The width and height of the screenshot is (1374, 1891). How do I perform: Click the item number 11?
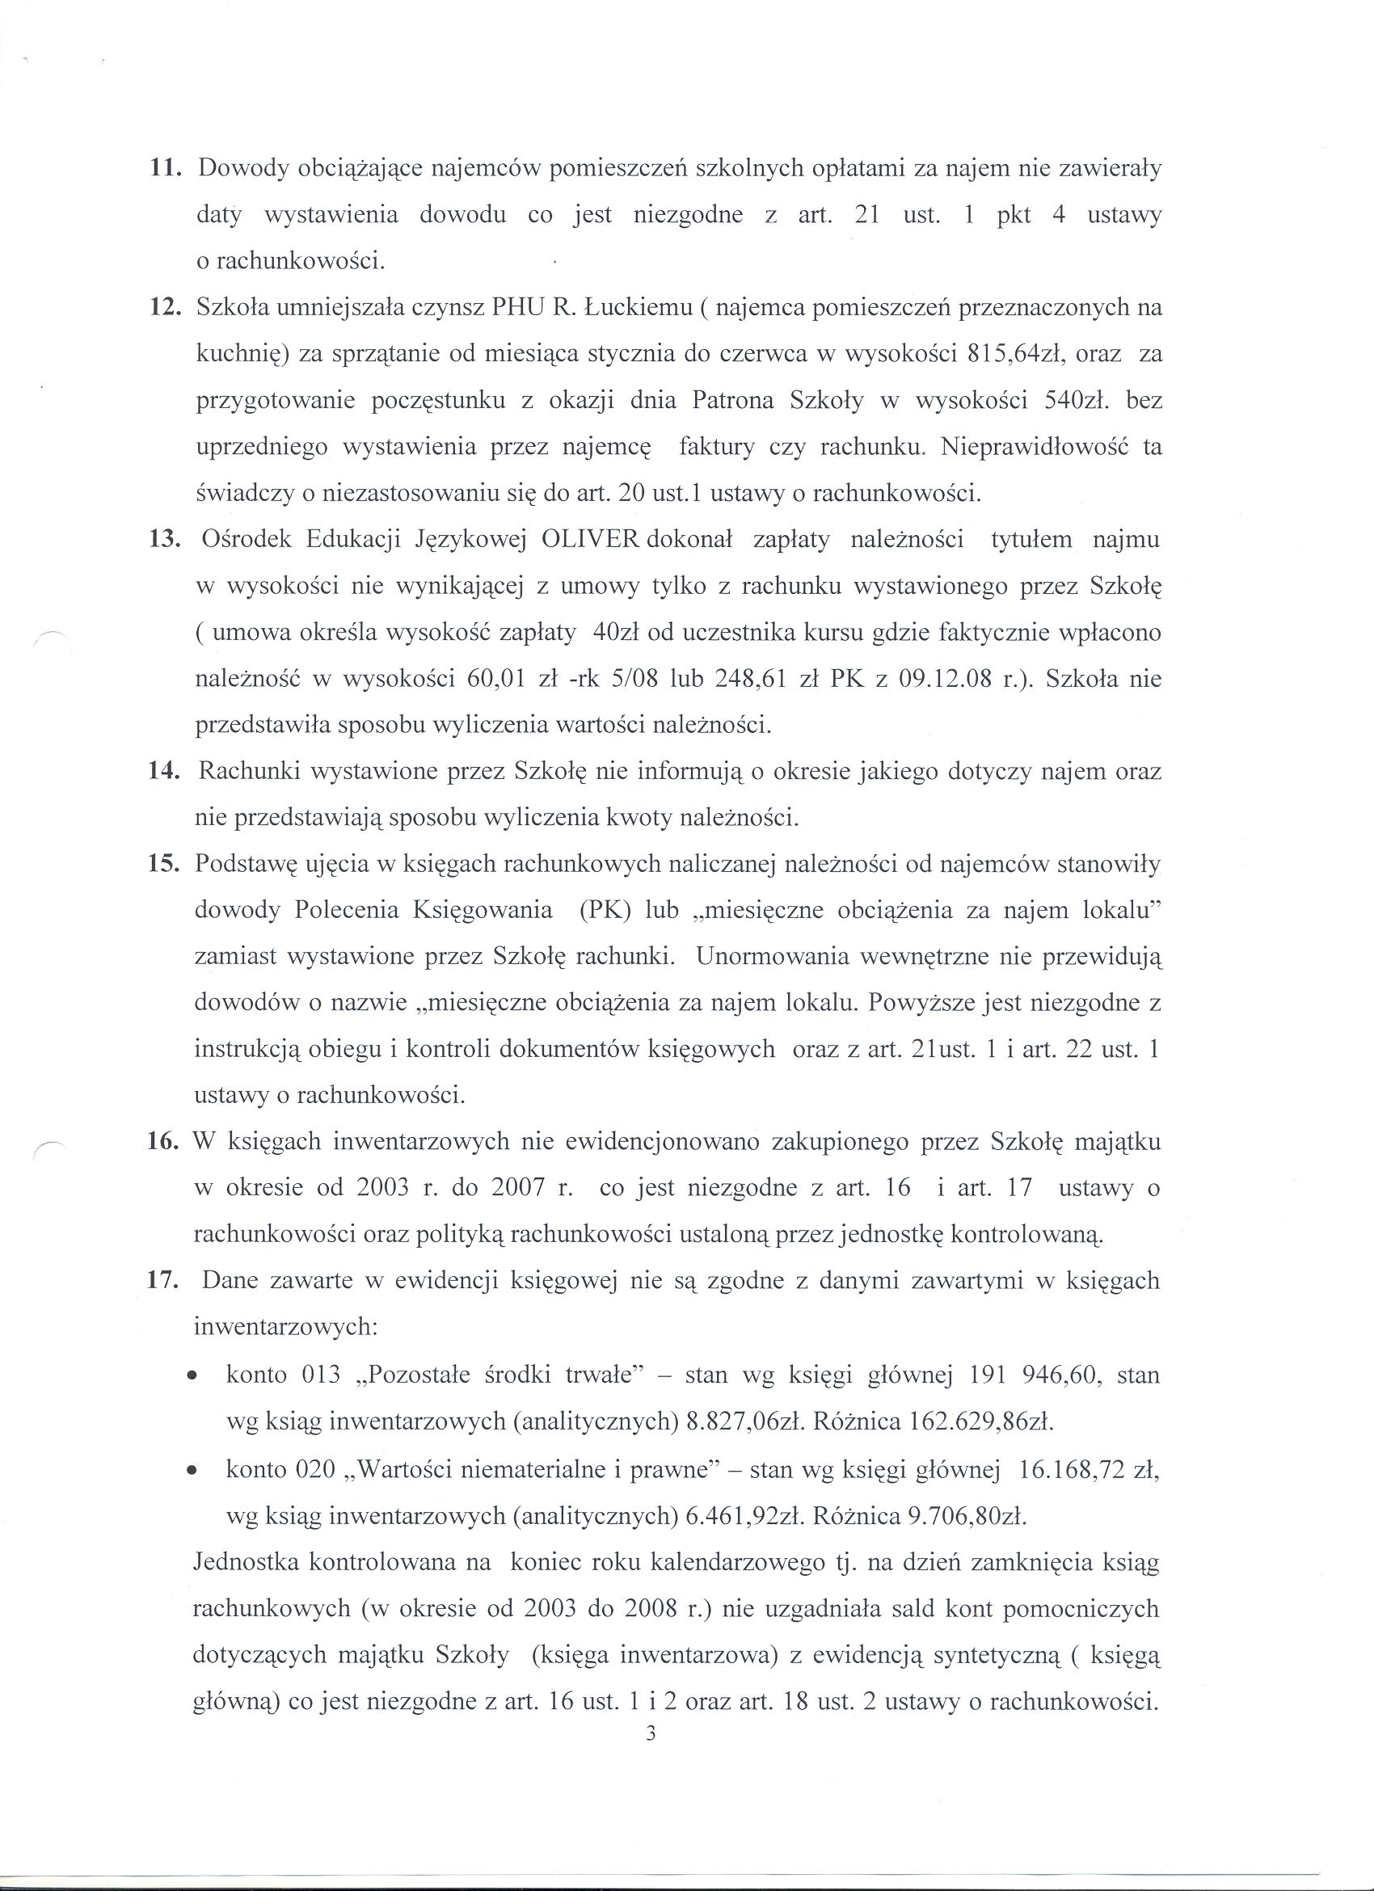coord(159,169)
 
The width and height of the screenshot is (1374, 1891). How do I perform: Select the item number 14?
coord(159,771)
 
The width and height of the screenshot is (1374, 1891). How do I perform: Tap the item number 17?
coord(159,1280)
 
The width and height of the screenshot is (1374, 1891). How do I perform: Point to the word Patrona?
coord(731,401)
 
